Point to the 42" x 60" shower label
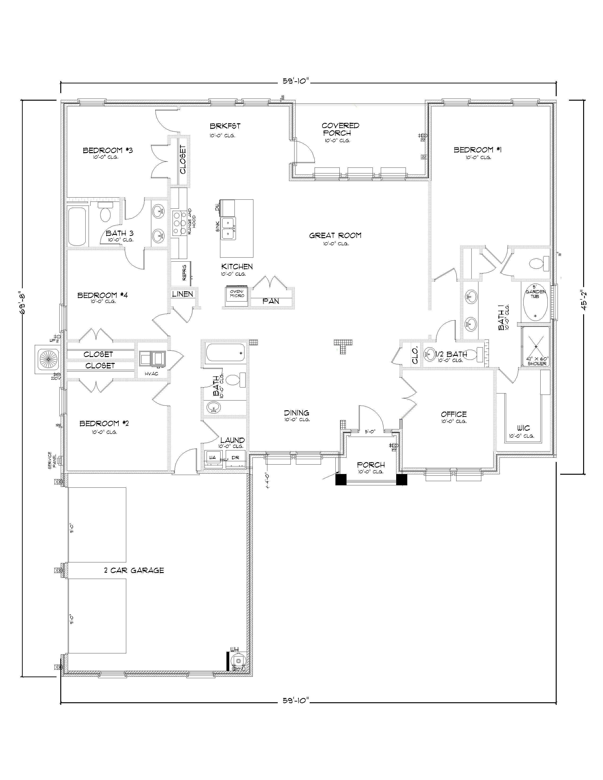point(537,361)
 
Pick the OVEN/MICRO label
point(237,293)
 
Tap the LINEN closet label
point(182,294)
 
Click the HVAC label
point(152,374)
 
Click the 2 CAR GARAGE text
point(134,570)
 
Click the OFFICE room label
point(454,414)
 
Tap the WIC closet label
point(523,428)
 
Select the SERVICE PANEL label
point(52,460)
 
